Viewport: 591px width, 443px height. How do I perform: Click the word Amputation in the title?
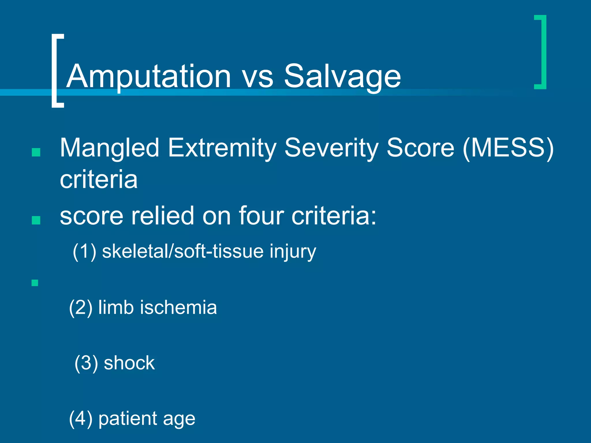(149, 76)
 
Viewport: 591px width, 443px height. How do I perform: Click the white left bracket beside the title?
(57, 71)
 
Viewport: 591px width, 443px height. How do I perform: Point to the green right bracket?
(541, 52)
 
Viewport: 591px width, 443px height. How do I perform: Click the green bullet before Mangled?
(36, 152)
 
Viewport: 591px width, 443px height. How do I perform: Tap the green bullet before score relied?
(36, 220)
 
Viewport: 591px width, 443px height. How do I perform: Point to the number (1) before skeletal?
(84, 251)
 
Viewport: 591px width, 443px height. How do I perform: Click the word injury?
(293, 252)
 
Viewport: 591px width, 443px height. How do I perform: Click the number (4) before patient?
(81, 419)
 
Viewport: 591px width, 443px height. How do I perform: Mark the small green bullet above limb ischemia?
(35, 283)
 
